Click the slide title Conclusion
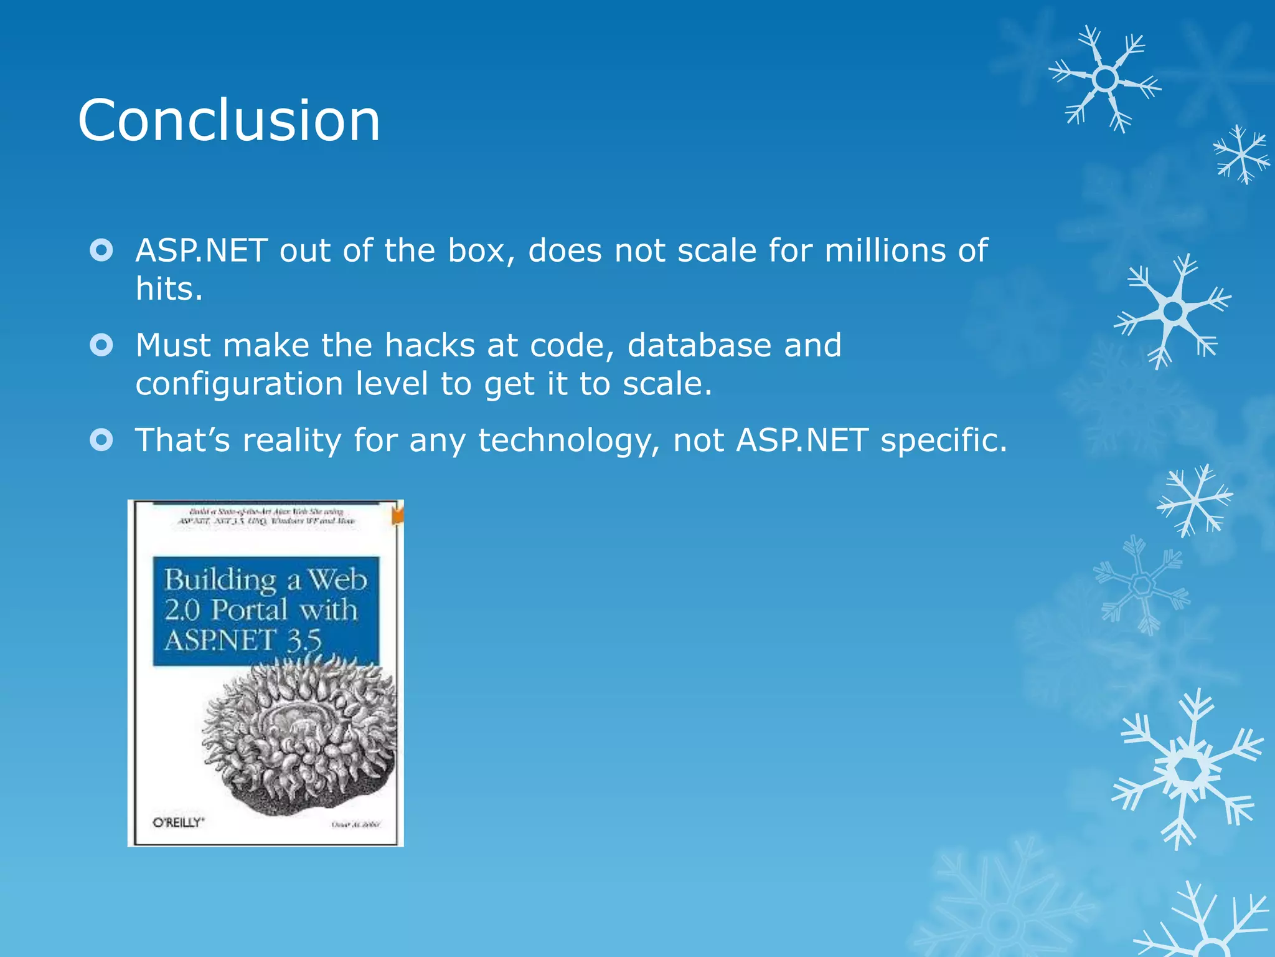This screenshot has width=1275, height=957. [228, 120]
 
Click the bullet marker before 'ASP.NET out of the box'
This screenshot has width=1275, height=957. [101, 250]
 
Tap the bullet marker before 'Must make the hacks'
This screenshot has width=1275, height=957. [101, 345]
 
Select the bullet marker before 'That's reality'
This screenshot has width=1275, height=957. [101, 440]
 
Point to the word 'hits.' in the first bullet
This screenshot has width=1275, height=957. [169, 289]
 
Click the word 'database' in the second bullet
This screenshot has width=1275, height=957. [699, 345]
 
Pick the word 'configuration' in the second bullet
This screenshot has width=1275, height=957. [239, 384]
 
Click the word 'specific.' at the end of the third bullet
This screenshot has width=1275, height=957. [943, 441]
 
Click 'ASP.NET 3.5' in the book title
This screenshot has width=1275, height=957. [243, 640]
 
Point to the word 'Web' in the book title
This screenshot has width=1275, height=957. [338, 580]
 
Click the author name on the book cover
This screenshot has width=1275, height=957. [355, 824]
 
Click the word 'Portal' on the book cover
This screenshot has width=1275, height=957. [249, 610]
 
